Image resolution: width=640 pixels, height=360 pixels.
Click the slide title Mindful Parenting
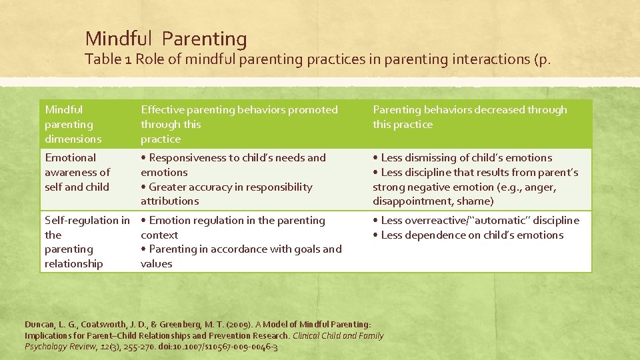pos(166,39)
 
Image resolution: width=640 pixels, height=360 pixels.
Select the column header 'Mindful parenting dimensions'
pos(73,124)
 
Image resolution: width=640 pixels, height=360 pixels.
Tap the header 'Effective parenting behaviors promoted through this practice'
pos(239,124)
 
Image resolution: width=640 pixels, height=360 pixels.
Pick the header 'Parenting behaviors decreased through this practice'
pos(469,117)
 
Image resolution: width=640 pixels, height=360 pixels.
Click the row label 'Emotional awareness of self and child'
pos(77,172)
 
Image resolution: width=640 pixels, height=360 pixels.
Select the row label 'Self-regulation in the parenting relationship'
pos(87,242)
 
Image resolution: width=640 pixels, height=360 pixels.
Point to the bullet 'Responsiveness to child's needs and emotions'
pos(233,165)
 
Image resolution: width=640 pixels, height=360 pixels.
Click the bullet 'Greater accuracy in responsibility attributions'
pos(227,194)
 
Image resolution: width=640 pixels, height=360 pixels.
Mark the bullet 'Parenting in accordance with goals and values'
pos(241,256)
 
